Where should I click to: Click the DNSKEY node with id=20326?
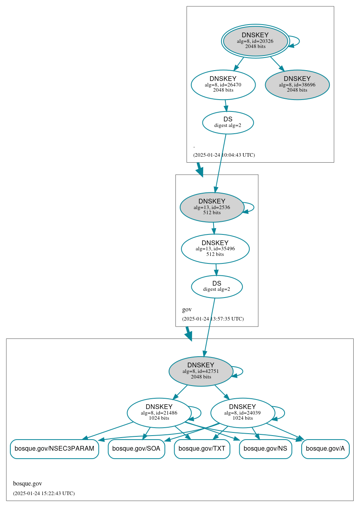[x=255, y=41]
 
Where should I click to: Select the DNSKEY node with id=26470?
[x=223, y=84]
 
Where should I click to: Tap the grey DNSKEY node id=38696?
[x=297, y=84]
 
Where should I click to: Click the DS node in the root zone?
[x=227, y=123]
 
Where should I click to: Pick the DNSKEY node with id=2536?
[x=212, y=207]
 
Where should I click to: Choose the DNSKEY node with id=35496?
[x=215, y=249]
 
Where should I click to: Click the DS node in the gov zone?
[x=216, y=286]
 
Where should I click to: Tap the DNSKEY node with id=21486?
[x=159, y=413]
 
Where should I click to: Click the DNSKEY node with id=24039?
[x=242, y=413]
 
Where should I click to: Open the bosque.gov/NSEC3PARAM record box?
[x=54, y=449]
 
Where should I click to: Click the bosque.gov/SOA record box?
[x=136, y=449]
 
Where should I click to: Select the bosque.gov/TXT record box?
[x=202, y=449]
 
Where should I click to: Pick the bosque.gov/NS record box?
[x=265, y=449]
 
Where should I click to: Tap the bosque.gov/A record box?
[x=325, y=449]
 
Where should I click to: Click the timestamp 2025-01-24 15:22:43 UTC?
[x=44, y=493]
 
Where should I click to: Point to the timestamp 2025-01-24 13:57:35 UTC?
[x=213, y=319]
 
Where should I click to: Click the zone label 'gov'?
[x=187, y=309]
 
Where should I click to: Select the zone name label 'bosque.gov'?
[x=27, y=484]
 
